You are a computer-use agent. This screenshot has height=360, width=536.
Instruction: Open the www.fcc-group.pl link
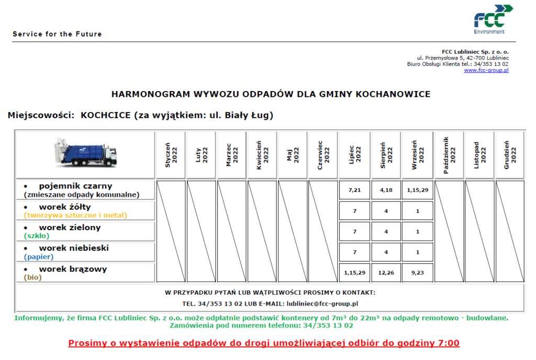tap(486, 70)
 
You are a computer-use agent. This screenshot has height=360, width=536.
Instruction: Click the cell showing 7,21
tap(355, 190)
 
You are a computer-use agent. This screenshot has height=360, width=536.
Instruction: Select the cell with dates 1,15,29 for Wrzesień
tap(418, 190)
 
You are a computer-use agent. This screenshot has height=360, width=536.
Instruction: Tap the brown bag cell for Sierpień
tap(386, 273)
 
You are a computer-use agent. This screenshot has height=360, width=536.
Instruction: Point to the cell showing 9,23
tap(418, 273)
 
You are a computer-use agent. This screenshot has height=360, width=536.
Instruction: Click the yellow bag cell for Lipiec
tap(355, 210)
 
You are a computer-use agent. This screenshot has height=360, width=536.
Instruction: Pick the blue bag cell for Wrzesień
tap(418, 252)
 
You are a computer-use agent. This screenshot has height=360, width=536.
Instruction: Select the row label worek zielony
tap(70, 228)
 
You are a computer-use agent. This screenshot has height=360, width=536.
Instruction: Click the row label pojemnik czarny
tap(75, 186)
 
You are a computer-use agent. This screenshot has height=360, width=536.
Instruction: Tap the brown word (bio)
tap(32, 278)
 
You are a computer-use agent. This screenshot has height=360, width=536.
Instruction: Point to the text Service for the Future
tap(57, 34)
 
